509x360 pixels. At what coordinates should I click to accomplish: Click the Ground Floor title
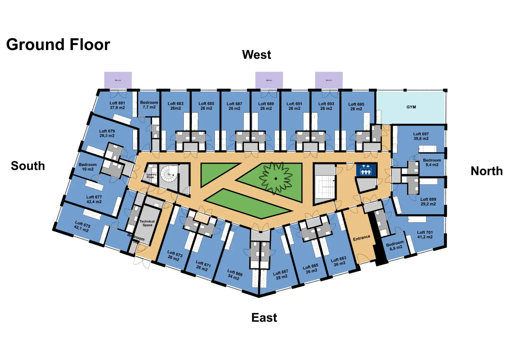click(x=58, y=45)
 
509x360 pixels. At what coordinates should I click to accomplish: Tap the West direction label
click(x=256, y=55)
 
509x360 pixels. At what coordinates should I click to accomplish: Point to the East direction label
click(x=264, y=318)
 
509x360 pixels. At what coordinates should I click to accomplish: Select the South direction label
click(x=28, y=166)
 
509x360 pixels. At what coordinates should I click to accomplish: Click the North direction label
click(x=486, y=171)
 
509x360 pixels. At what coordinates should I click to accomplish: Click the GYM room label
click(x=411, y=107)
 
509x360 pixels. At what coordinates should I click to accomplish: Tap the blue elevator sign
click(x=366, y=170)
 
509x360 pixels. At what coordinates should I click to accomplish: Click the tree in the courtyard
click(x=276, y=178)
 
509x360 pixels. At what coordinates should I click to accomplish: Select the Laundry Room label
click(x=151, y=176)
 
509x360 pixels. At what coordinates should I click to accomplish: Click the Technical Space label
click(x=147, y=223)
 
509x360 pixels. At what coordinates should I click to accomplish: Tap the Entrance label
click(x=361, y=238)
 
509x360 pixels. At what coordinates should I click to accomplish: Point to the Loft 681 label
click(x=117, y=105)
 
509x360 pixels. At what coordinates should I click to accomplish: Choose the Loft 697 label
click(x=421, y=136)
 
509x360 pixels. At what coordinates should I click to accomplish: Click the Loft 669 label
click(x=235, y=275)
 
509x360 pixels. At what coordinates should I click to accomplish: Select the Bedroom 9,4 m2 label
click(x=432, y=162)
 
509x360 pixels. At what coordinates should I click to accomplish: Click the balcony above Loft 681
click(x=118, y=80)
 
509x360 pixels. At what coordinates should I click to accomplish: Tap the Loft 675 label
click(x=82, y=226)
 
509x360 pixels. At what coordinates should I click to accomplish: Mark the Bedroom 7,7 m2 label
click(x=149, y=105)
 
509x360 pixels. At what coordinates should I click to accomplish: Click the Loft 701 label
click(x=425, y=235)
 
